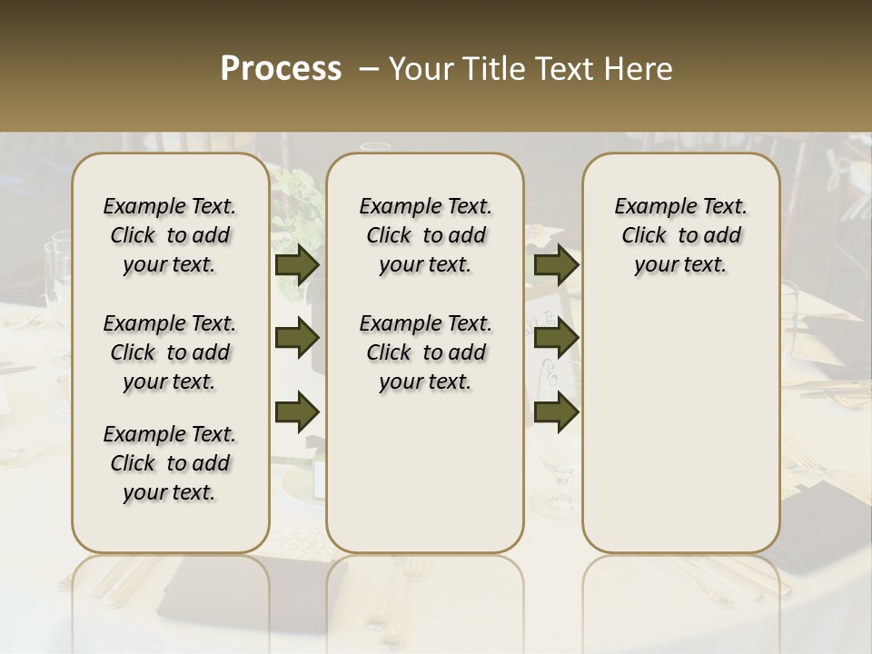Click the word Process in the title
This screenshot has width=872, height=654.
point(281,69)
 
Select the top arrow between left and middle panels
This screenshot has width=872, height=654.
point(297,265)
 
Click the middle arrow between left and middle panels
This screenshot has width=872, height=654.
point(297,339)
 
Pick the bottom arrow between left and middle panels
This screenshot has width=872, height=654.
point(297,411)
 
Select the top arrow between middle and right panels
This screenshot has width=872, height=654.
point(556,265)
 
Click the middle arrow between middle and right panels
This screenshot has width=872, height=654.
point(556,339)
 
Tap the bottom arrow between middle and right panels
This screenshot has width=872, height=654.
point(556,411)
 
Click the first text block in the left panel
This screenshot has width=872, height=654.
point(170,235)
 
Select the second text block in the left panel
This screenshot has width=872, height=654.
point(170,352)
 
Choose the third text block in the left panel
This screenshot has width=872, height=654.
point(170,463)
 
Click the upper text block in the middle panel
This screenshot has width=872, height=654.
point(425,235)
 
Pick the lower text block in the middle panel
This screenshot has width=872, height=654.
point(425,352)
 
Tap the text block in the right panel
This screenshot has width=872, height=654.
point(680,235)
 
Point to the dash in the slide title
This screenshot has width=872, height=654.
point(368,69)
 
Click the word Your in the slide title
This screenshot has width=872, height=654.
point(414,69)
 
